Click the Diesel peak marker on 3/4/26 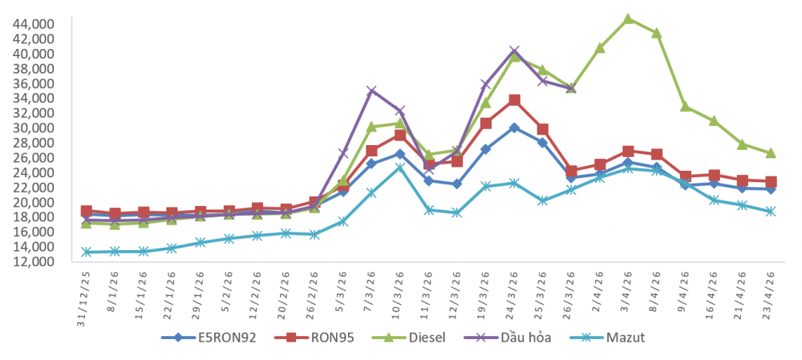[x=628, y=18]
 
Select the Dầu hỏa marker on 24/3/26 [x=514, y=51]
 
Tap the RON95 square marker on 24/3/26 [x=514, y=100]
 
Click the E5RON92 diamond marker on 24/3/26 [x=514, y=127]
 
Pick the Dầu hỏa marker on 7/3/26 [x=371, y=91]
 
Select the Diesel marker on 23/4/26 [x=771, y=152]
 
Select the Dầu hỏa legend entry [x=514, y=338]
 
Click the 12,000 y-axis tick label [x=33, y=261]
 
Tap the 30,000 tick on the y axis [x=33, y=128]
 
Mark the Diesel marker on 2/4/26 [x=599, y=48]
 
